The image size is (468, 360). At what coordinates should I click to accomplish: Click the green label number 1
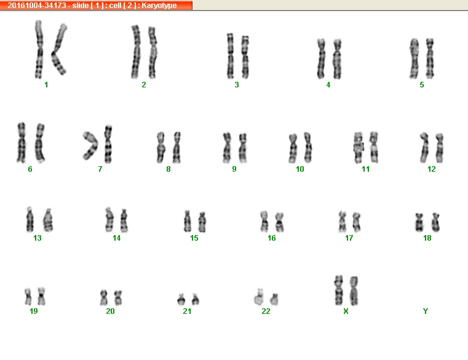click(x=46, y=85)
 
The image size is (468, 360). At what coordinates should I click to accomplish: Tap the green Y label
click(x=426, y=311)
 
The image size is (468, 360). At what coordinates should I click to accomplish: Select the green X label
click(x=346, y=311)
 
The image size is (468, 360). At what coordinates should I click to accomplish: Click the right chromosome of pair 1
click(x=59, y=50)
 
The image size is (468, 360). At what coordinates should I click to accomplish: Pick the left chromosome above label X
click(x=339, y=290)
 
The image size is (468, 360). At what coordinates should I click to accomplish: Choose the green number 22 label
click(x=266, y=311)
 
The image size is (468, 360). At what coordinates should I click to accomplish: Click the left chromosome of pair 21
click(x=181, y=299)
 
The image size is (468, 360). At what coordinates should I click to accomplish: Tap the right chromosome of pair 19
click(x=41, y=296)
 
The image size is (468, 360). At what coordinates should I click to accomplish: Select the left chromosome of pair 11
click(x=359, y=148)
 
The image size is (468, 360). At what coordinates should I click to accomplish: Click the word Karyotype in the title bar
click(x=159, y=6)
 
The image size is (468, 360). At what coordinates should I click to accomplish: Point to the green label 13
click(x=38, y=238)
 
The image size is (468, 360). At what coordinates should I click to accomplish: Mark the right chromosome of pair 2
click(x=153, y=52)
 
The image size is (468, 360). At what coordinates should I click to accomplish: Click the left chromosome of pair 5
click(x=414, y=58)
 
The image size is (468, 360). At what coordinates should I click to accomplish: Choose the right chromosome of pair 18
click(x=435, y=222)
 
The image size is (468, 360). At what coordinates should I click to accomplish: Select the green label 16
click(x=271, y=238)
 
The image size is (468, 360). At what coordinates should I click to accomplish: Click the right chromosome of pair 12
click(x=439, y=148)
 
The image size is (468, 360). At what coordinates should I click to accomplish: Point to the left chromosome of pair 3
click(x=230, y=56)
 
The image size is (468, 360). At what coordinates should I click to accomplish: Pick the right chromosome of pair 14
click(x=124, y=221)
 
